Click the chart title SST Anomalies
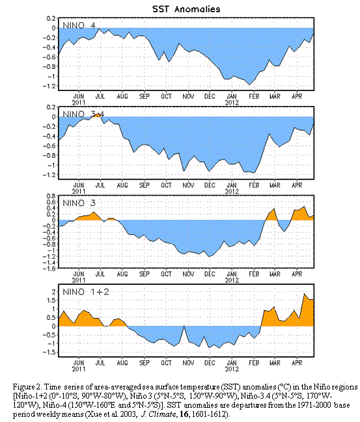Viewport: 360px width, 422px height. [x=186, y=9]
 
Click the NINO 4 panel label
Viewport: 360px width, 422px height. [x=79, y=25]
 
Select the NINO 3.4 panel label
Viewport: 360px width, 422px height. [x=83, y=114]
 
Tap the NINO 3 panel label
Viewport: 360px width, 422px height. [x=79, y=203]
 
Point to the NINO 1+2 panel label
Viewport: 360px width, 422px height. [x=86, y=292]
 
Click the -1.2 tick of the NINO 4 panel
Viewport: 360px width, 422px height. [x=49, y=86]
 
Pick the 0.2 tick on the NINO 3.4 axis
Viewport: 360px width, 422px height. [x=51, y=107]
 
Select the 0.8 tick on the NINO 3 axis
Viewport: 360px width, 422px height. [x=51, y=196]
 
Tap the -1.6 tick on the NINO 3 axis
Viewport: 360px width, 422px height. [x=49, y=269]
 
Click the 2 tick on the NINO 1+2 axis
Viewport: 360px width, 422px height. [x=54, y=292]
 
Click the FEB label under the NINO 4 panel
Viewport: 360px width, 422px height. [x=254, y=96]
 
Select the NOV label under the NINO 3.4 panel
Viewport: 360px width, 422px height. [x=188, y=185]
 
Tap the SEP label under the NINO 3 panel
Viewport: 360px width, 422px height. [x=145, y=274]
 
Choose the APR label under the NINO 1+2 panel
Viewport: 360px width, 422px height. [x=297, y=363]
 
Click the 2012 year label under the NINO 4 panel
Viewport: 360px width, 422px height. [x=232, y=103]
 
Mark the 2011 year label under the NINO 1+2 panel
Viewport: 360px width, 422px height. [x=79, y=369]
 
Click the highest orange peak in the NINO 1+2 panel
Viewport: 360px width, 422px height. [x=305, y=294]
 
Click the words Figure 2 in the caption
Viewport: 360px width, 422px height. [x=27, y=387]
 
